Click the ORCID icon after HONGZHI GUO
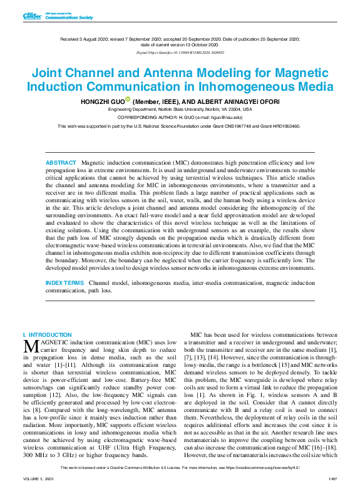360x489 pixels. [x=127, y=100]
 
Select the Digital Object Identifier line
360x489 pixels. [x=180, y=53]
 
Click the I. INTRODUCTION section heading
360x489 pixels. [x=47, y=336]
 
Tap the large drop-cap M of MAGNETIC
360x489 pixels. [x=30, y=346]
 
